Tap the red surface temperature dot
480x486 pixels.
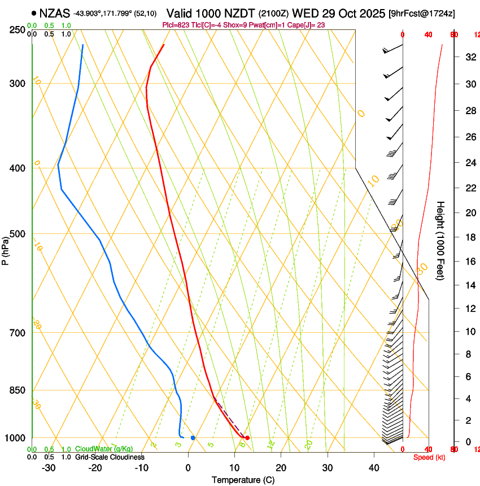coord(247,438)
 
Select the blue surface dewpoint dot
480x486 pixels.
coord(193,438)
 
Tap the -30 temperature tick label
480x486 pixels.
coord(49,467)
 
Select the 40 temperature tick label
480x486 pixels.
coord(374,467)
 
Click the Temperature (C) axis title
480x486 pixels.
coord(243,480)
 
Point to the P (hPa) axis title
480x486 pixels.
coord(5,249)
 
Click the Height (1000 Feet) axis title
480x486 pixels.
coord(440,241)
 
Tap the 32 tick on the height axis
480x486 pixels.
coord(469,57)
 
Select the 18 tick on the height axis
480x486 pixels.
coord(469,237)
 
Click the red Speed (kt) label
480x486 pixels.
coord(427,457)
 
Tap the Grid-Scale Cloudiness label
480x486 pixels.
coord(110,457)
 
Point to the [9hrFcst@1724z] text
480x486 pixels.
coord(422,12)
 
